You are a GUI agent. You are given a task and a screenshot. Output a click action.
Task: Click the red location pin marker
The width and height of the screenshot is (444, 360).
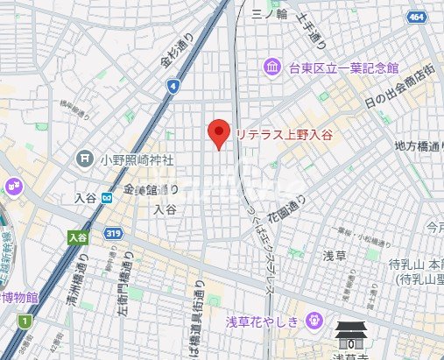click(x=218, y=134)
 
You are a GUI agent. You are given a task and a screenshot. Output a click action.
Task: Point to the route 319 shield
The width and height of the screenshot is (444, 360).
click(x=114, y=234)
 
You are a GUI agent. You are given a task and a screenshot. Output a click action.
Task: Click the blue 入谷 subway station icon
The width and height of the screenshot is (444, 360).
click(x=107, y=198)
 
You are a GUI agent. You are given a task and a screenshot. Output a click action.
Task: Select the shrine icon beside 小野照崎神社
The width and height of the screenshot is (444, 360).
click(x=85, y=159)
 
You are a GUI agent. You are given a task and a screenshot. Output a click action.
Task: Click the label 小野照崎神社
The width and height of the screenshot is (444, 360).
click(x=136, y=160)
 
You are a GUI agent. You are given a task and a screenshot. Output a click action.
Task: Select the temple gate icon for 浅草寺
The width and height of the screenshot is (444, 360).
click(x=353, y=335)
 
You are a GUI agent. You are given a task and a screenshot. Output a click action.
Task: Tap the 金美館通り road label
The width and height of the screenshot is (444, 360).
click(x=151, y=190)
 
